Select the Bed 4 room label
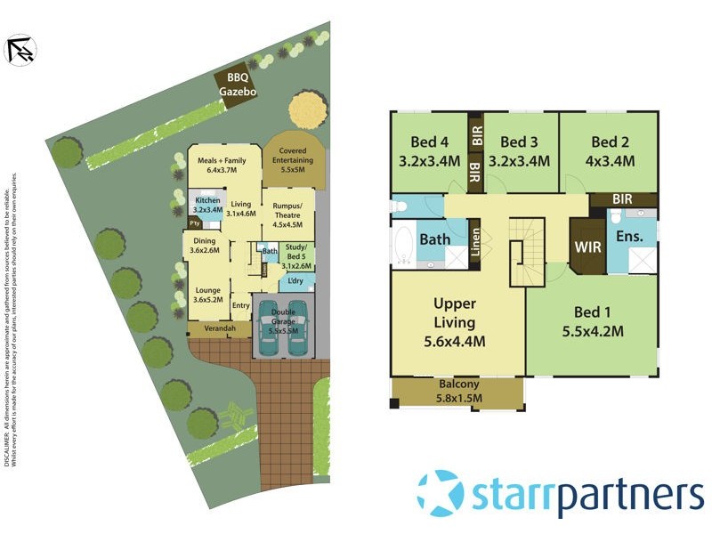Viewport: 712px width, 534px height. tap(429, 142)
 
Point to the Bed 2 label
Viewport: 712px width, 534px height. tap(610, 142)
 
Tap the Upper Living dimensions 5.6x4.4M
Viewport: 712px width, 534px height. tap(454, 341)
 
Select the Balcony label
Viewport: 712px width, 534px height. tap(458, 385)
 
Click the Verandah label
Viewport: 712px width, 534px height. tap(220, 328)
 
